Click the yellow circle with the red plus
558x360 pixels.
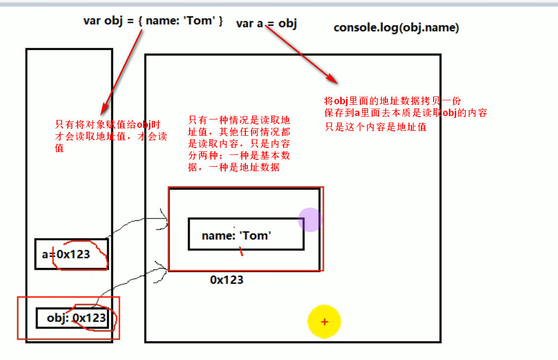(324, 322)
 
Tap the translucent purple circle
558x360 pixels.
(310, 219)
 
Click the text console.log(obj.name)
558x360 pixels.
(396, 28)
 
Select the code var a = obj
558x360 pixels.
(266, 23)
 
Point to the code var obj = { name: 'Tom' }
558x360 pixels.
(153, 21)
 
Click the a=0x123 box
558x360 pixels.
(71, 254)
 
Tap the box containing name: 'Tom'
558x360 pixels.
(246, 234)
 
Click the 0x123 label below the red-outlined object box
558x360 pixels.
(227, 280)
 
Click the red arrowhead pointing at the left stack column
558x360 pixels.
(104, 109)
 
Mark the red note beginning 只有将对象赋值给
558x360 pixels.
(111, 135)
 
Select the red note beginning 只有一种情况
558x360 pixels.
(239, 144)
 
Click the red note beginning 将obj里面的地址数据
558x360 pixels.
(406, 113)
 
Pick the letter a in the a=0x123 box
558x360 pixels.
(45, 255)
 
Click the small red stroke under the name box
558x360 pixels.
(241, 251)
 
